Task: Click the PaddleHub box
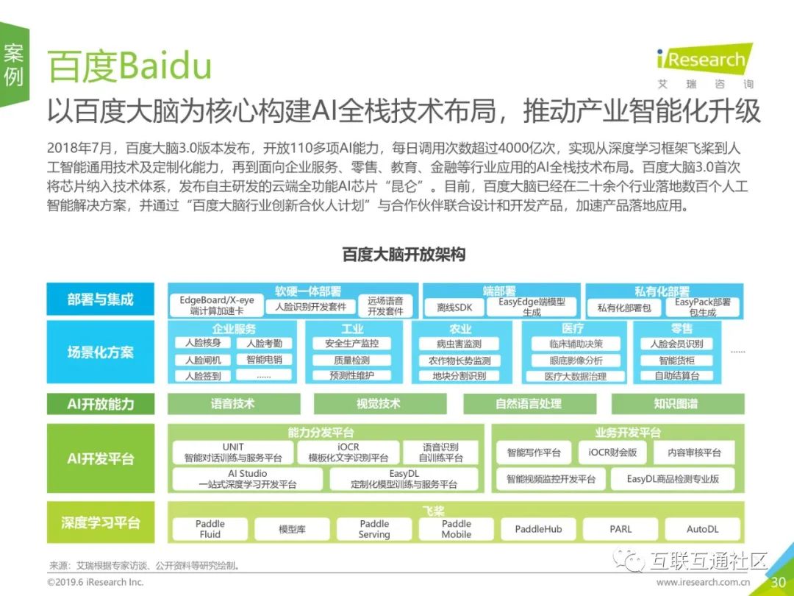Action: pos(538,529)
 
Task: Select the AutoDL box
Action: pos(702,529)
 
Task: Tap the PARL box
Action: pos(620,529)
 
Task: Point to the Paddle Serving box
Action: pos(374,529)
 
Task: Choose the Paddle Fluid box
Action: pos(210,529)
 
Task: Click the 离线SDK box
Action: pos(454,306)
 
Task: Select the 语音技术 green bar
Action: pos(233,403)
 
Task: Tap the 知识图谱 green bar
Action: pos(676,403)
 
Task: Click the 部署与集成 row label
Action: pos(101,299)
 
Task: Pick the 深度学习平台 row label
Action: pos(101,523)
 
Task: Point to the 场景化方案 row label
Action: pos(101,352)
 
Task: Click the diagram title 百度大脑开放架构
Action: pos(404,255)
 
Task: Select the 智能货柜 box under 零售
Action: pos(676,361)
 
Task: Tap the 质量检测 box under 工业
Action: pos(351,361)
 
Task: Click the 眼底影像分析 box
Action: pos(576,361)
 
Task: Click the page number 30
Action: pos(778,582)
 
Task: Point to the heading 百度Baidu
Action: pos(129,67)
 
